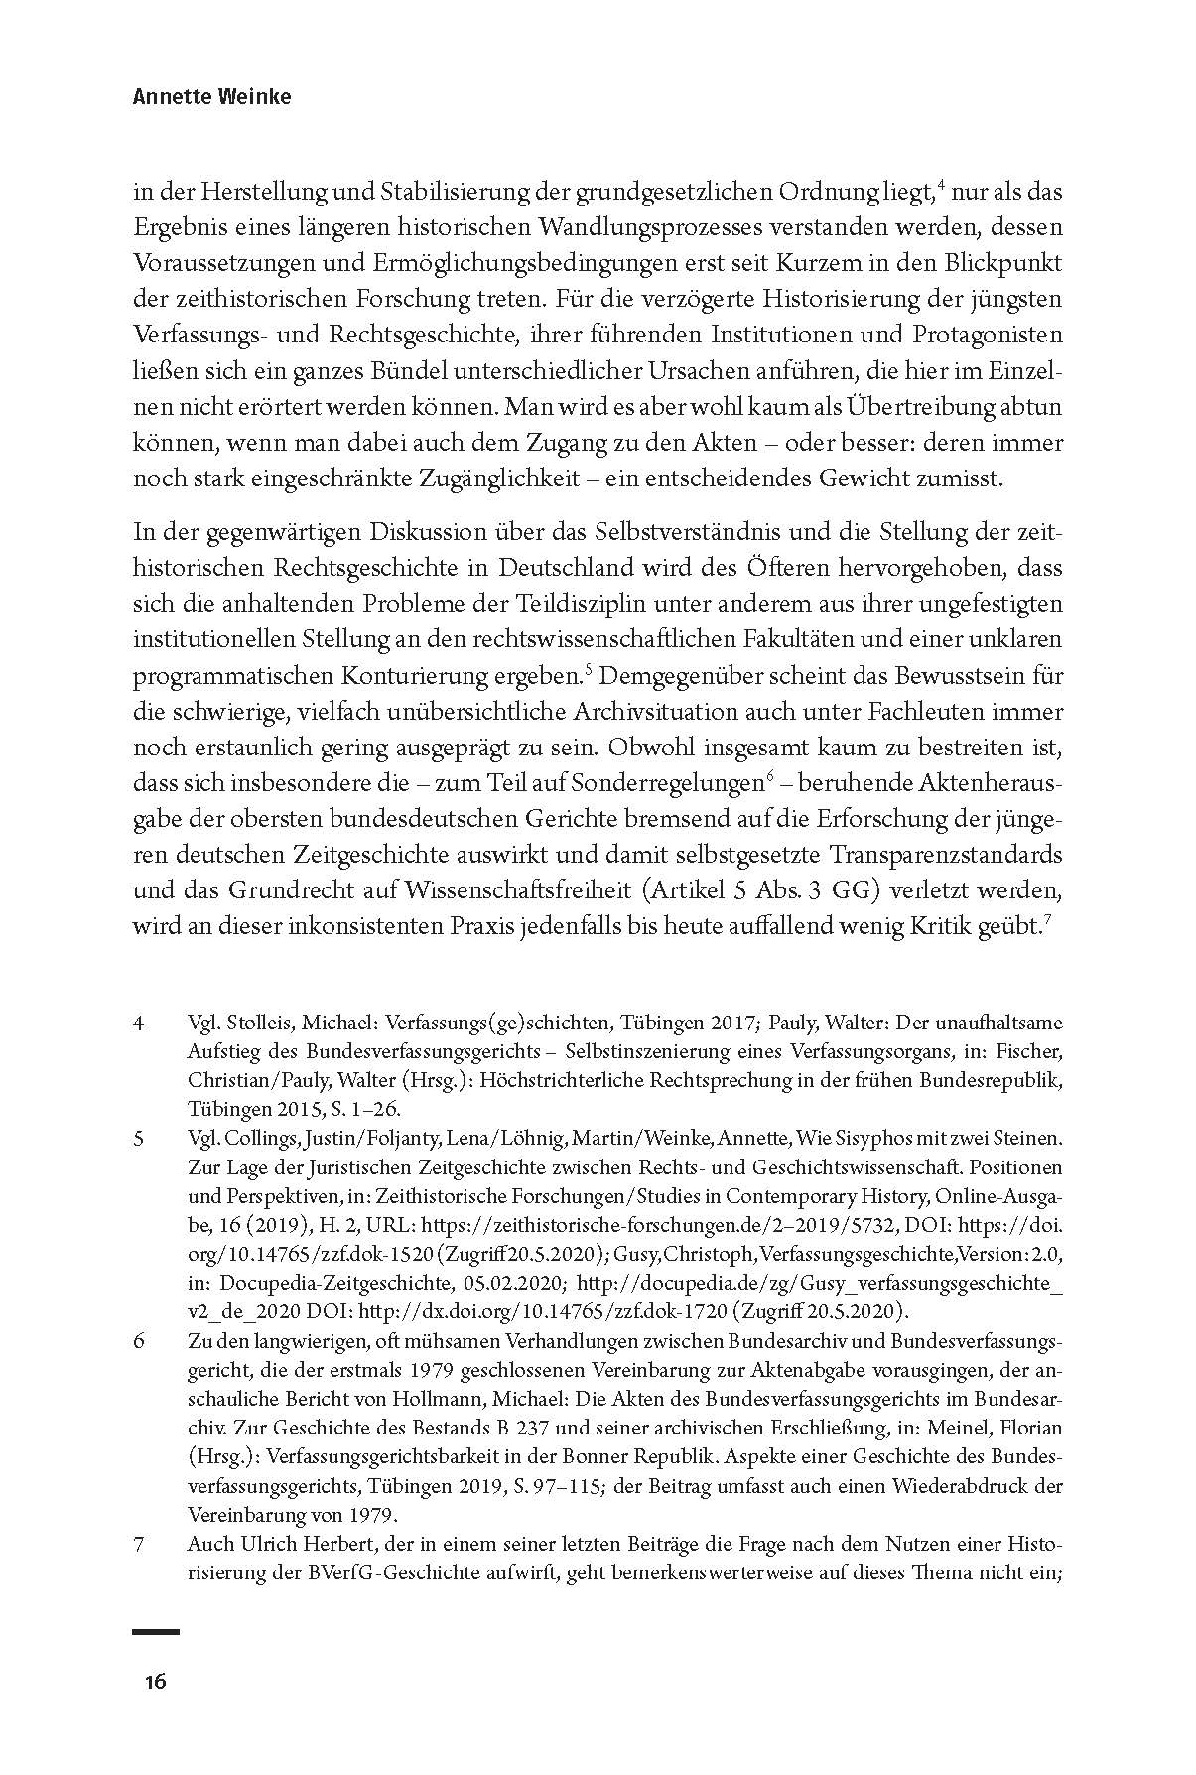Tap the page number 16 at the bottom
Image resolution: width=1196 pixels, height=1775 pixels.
155,1682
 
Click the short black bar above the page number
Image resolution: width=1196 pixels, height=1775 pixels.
156,1631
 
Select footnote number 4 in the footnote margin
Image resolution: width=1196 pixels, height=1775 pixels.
138,1023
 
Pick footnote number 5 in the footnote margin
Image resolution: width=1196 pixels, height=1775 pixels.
138,1138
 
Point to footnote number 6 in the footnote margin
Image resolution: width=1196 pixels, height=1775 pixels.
139,1342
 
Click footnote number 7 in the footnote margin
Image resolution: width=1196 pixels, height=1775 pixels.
138,1546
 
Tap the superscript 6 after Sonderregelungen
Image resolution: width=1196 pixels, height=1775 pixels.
770,776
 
